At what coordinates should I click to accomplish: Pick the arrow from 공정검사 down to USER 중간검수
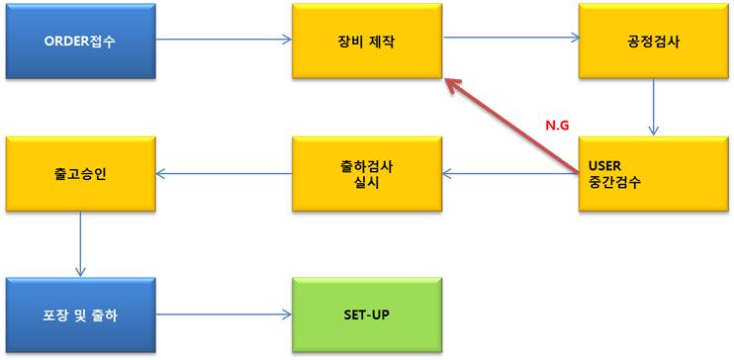[653, 108]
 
